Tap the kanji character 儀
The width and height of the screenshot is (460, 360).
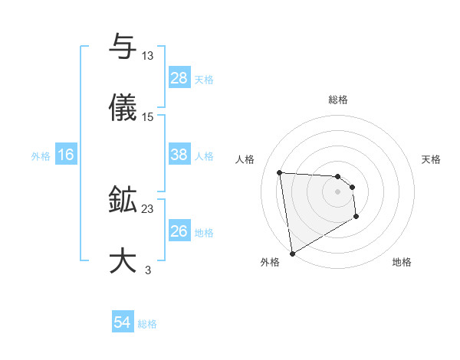pyautogui.click(x=123, y=108)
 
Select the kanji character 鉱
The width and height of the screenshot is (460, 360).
pyautogui.click(x=123, y=201)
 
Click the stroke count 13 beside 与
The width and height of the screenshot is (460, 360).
pyautogui.click(x=148, y=56)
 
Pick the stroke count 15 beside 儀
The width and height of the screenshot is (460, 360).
pyautogui.click(x=148, y=117)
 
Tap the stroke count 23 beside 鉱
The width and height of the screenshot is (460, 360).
pyautogui.click(x=148, y=209)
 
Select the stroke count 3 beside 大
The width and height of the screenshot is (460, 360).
pyautogui.click(x=148, y=270)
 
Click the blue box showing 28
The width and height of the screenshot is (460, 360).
pyautogui.click(x=179, y=78)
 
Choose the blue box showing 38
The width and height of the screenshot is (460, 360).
pyautogui.click(x=179, y=155)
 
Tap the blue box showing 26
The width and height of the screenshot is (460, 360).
pyautogui.click(x=179, y=231)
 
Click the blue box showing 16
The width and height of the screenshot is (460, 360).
pyautogui.click(x=65, y=155)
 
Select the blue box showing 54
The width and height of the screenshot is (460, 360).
pyautogui.click(x=122, y=323)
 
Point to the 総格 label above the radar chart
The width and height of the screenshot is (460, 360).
pyautogui.click(x=338, y=100)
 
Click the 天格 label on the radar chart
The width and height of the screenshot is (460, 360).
pyautogui.click(x=432, y=159)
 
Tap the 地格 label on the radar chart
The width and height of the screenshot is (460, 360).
pyautogui.click(x=402, y=263)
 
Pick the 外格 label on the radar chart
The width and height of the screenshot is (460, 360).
pyautogui.click(x=270, y=263)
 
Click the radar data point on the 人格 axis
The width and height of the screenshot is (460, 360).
pyautogui.click(x=280, y=172)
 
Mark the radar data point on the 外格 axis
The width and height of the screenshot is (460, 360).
pyautogui.click(x=292, y=252)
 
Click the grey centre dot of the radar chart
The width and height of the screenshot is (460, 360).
pyautogui.click(x=337, y=191)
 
